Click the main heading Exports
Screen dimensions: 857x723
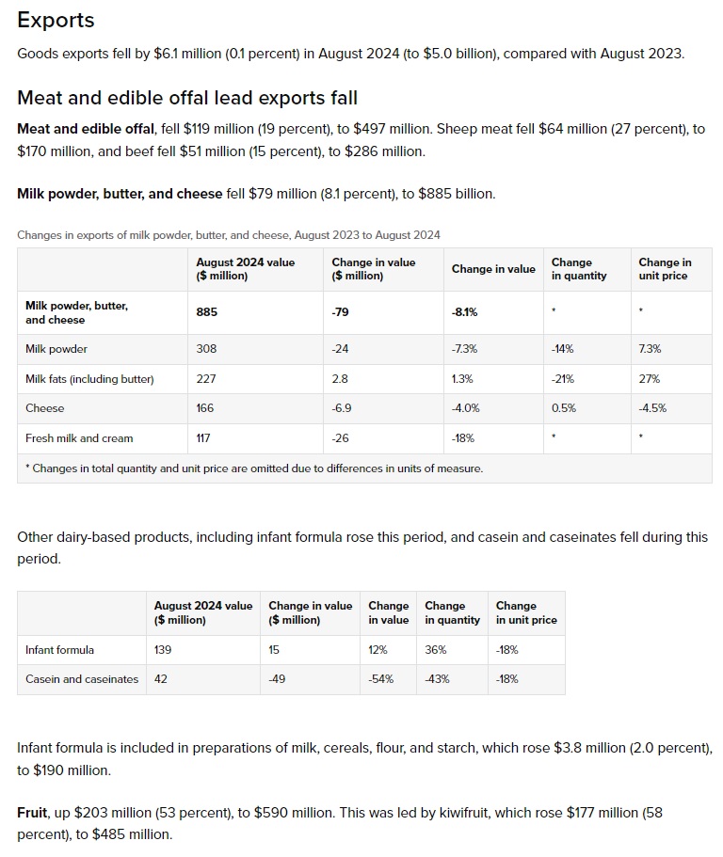pos(56,20)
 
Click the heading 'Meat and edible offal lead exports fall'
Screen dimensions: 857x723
pos(187,98)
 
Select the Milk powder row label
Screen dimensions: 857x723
pos(56,349)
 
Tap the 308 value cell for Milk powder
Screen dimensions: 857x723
pos(206,349)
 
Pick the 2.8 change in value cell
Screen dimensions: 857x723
pos(340,379)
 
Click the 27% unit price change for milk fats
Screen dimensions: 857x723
pos(649,379)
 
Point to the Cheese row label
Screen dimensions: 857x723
pos(45,408)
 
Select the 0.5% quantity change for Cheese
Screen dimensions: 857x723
pos(564,408)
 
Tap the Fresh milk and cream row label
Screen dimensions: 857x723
pos(79,438)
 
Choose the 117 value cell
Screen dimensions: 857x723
pos(205,438)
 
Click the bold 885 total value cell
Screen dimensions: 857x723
pos(206,311)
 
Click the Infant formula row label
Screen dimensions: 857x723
pos(59,649)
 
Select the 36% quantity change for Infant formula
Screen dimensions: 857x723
pos(435,649)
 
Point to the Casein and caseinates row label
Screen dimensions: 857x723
pos(82,679)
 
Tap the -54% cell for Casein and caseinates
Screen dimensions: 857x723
pos(381,679)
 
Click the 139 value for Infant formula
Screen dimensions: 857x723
pos(163,649)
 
